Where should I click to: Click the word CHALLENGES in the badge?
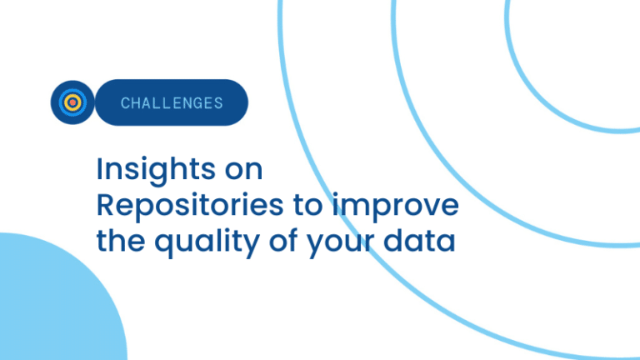coord(172,102)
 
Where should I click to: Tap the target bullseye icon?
coord(72,102)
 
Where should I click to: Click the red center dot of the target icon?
coord(72,102)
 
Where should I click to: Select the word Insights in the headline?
coord(156,170)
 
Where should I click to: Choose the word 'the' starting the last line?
coord(120,240)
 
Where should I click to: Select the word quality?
coord(207,242)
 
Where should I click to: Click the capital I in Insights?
coord(99,168)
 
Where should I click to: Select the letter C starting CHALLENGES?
coord(125,103)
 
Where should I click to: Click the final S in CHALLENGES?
coord(219,103)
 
